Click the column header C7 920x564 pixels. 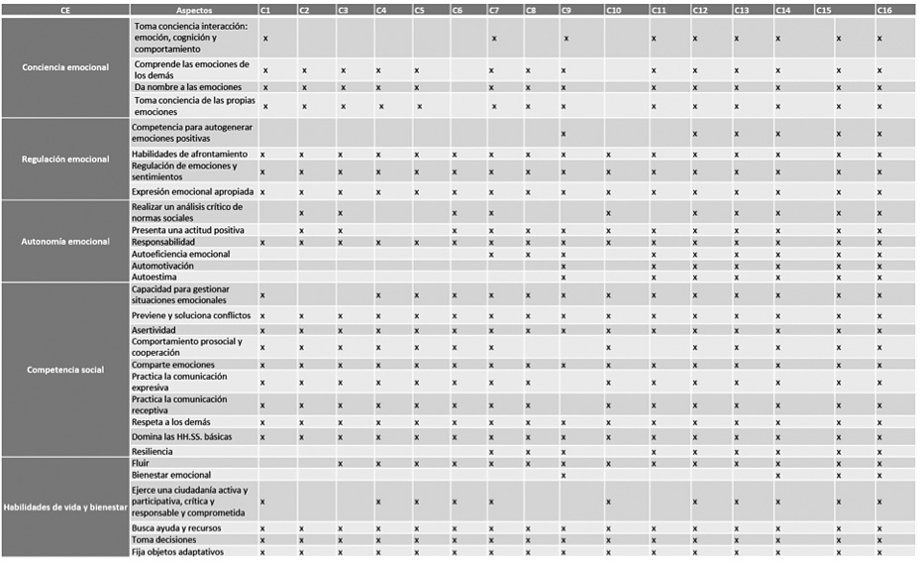[x=494, y=10]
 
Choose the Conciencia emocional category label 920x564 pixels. [x=65, y=67]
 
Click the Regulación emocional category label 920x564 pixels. [x=65, y=160]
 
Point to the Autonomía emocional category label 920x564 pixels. [x=65, y=242]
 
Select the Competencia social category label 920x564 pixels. [x=65, y=370]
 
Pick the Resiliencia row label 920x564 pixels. [x=153, y=452]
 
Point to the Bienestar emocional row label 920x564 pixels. [x=171, y=476]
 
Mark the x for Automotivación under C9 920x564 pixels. [x=563, y=266]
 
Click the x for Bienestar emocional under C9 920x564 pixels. [x=563, y=476]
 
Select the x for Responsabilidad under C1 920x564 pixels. [x=262, y=242]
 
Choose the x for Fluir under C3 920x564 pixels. [x=340, y=464]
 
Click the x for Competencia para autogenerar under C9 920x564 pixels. [x=563, y=133]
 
